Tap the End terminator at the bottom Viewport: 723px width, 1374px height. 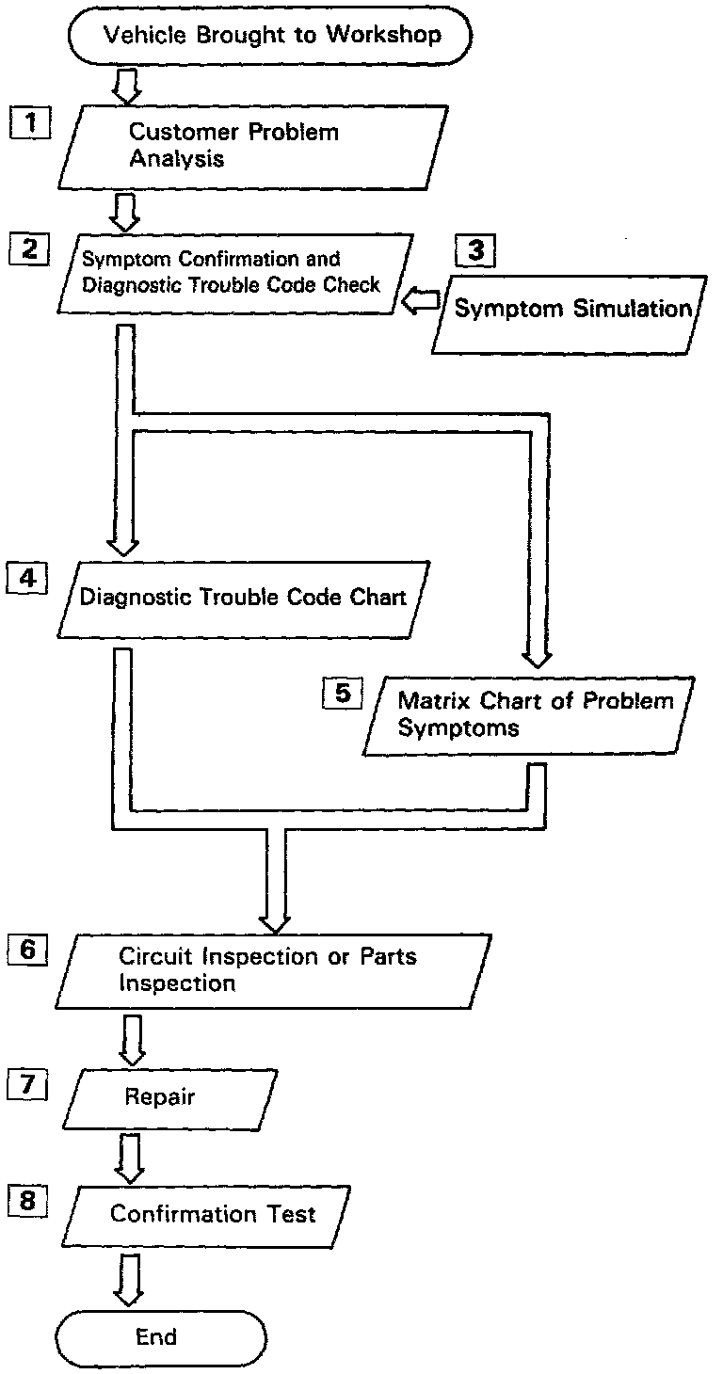[161, 1335]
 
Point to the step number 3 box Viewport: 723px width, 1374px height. [474, 250]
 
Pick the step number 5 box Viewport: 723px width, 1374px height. [342, 694]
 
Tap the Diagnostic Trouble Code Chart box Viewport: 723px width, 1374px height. [243, 598]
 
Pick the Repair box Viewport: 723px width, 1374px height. [169, 1097]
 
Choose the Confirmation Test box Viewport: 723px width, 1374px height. [213, 1213]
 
